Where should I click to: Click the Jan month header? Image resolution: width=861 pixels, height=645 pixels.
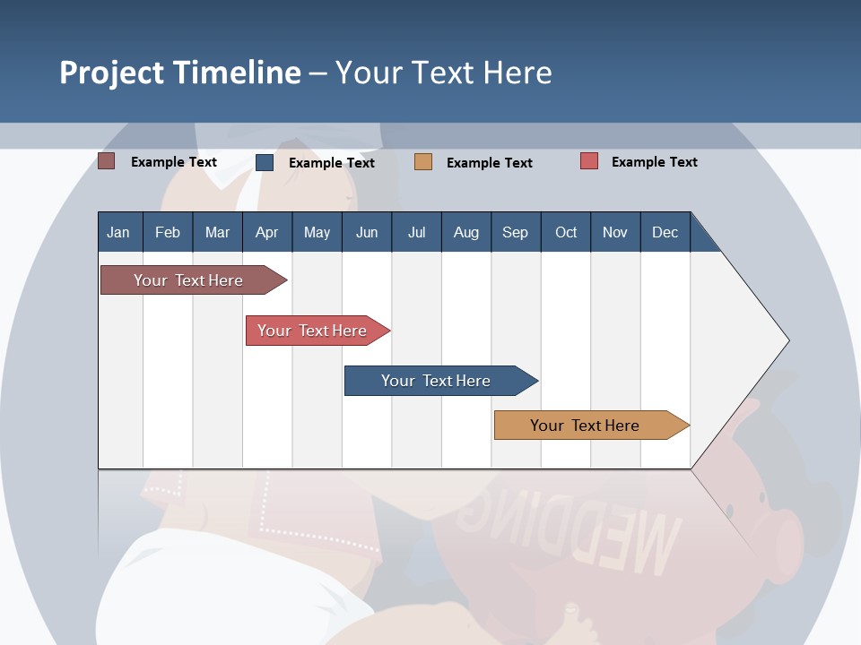click(119, 232)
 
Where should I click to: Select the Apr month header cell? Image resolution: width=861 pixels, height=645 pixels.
click(267, 232)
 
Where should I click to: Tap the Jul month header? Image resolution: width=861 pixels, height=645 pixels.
click(416, 232)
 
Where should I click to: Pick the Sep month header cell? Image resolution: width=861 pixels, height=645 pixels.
click(516, 232)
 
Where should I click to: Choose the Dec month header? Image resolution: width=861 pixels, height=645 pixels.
click(665, 232)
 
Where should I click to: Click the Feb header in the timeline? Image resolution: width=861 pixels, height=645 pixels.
click(168, 232)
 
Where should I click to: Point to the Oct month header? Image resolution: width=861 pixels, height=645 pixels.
click(566, 232)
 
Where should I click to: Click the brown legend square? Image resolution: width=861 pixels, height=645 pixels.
click(107, 161)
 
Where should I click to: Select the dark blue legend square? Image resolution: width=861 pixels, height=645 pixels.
click(265, 162)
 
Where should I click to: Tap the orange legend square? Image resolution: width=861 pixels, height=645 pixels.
click(423, 161)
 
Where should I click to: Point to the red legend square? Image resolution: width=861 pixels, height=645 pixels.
click(589, 161)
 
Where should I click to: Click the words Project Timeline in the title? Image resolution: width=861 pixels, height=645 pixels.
click(180, 73)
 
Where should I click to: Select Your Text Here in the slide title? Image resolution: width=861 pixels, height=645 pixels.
click(444, 73)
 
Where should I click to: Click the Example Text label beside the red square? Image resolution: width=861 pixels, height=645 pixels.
click(654, 162)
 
